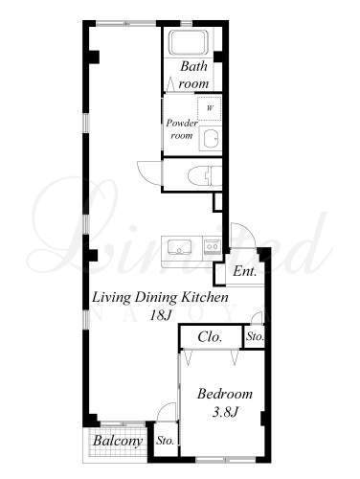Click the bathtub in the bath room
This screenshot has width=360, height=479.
(189, 42)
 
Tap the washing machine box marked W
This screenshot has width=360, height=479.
(209, 108)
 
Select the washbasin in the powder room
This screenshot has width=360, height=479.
(211, 138)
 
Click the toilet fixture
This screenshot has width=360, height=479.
(205, 176)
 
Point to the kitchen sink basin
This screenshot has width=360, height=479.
(179, 247)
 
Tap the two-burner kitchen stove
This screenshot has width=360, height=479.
(212, 246)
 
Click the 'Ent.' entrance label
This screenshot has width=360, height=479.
(245, 271)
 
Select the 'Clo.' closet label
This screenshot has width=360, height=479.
(210, 337)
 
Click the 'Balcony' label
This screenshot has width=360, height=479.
(118, 441)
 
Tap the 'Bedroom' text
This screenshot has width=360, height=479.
(225, 394)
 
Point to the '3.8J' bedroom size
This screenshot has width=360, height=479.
(225, 412)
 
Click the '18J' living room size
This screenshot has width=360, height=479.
(161, 315)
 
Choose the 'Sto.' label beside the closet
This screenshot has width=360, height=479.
(255, 336)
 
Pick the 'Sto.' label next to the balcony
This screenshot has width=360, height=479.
(166, 441)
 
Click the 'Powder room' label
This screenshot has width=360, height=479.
(182, 129)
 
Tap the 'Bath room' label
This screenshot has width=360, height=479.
(193, 75)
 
